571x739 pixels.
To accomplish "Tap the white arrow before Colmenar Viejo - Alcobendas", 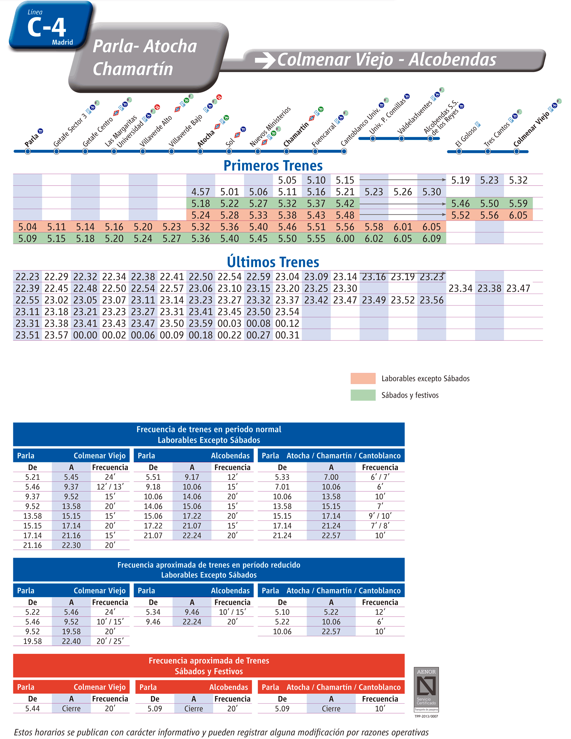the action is coord(265,60).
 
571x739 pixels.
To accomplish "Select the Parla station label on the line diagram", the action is coord(32,140).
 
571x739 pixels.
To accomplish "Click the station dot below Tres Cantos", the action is coord(488,151).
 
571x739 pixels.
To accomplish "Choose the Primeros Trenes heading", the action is coord(273,165).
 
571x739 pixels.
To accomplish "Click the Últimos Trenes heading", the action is coord(273,262).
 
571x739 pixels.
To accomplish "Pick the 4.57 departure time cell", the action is coord(201,192).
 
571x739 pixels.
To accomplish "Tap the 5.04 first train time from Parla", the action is coord(27,227).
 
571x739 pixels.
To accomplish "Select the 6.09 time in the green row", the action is coord(432,238).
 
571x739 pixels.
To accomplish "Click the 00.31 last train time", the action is coord(287,335).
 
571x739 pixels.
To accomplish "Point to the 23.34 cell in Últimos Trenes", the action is coord(461,288).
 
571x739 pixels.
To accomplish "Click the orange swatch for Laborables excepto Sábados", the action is coord(363,378).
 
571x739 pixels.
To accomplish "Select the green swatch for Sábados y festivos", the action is coord(363,395).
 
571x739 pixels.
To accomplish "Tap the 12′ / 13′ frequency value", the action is coord(110,487).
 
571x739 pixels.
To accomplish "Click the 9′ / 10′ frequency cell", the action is coord(380,516).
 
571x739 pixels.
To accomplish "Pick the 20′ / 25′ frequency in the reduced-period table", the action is coord(110,641).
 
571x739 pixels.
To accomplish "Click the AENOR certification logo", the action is coord(426,690).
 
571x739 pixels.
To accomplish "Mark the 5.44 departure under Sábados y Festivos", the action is coord(33,709).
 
